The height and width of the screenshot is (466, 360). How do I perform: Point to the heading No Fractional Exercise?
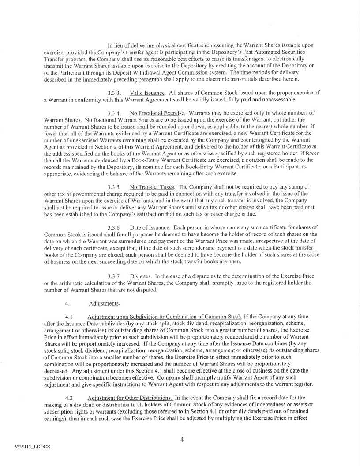coord(157,113)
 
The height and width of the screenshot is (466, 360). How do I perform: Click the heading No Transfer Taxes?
coord(152,186)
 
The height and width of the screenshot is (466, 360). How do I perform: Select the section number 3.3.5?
coord(114,186)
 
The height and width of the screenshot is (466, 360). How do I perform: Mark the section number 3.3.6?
coord(114,227)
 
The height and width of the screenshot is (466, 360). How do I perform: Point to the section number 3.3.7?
coord(114,276)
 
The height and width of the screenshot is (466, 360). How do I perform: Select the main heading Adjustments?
coord(101,303)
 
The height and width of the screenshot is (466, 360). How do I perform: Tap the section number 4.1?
coord(68,317)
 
